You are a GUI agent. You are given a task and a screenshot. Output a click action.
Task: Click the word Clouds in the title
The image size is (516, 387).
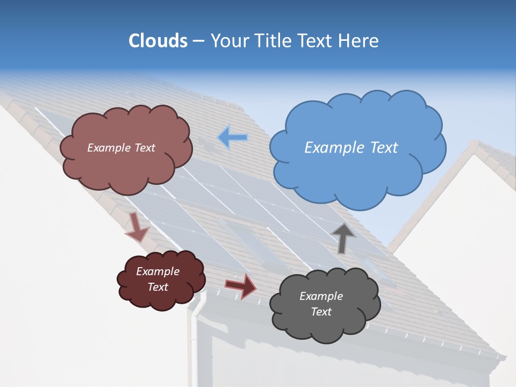pos(157,41)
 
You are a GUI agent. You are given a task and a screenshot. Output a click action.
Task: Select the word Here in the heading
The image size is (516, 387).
pos(360,41)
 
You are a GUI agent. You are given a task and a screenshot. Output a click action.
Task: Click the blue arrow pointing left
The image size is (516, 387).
pos(232,138)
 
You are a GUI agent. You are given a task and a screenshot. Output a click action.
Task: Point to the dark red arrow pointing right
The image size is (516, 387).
pos(241,285)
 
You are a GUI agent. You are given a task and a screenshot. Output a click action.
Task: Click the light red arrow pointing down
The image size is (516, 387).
pos(137,227)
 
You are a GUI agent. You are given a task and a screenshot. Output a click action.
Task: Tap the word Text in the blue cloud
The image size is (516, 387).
pos(384,148)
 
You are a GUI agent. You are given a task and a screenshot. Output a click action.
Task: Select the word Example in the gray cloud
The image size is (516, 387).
pos(321,296)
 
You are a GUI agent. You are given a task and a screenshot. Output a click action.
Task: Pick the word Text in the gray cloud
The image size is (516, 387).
pos(321,312)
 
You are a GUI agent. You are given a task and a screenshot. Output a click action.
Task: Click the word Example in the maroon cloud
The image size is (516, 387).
pos(157,271)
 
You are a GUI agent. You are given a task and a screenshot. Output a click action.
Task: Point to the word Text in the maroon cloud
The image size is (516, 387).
pos(157,287)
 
